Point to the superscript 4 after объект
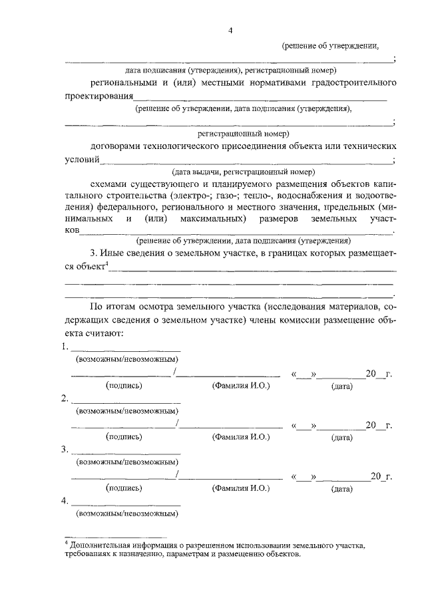tap(108, 264)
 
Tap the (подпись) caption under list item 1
tap(124, 385)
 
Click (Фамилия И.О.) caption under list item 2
tap(240, 437)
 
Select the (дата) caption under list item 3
tap(341, 489)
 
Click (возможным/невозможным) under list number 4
tap(126, 514)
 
